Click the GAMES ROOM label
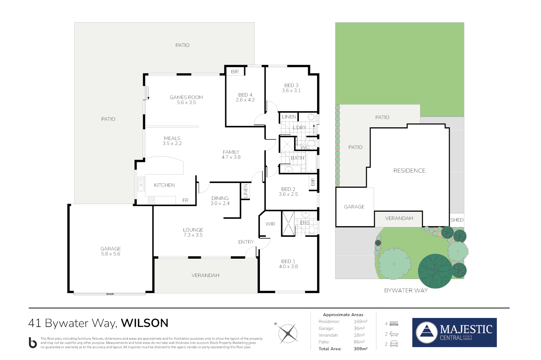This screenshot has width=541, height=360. pos(186,97)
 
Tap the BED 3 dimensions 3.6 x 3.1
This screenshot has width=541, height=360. pos(291,91)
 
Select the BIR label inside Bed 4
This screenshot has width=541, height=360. pos(235,72)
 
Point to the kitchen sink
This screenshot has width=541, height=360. pos(141,184)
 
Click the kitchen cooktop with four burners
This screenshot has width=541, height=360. pos(151,200)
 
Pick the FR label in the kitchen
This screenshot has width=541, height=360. pos(185,200)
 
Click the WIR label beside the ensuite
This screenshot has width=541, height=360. pos(270,224)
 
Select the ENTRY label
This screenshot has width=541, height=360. pos(246,242)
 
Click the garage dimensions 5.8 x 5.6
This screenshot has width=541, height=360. pos(111,254)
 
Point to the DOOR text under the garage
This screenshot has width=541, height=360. pos(110,294)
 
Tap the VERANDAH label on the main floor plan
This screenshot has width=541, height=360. pos(205,275)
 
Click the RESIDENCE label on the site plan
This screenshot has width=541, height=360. pos(409,171)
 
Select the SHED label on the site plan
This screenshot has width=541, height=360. pos(457,220)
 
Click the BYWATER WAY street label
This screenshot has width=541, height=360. pos(406,291)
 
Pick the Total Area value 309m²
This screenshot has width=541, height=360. pos(360,349)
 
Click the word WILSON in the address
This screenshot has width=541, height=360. pos(144,323)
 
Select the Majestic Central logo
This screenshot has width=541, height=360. pos(454,332)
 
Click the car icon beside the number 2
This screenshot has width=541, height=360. pos(394,344)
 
